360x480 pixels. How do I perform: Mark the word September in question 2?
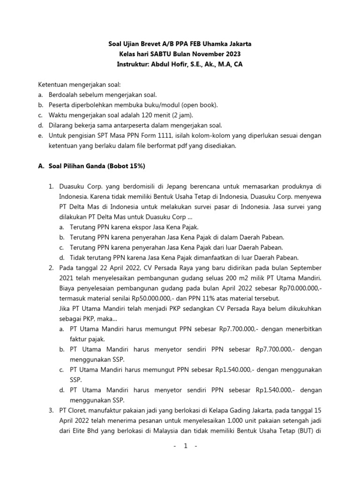306,268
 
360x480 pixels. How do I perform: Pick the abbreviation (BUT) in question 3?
303,431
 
